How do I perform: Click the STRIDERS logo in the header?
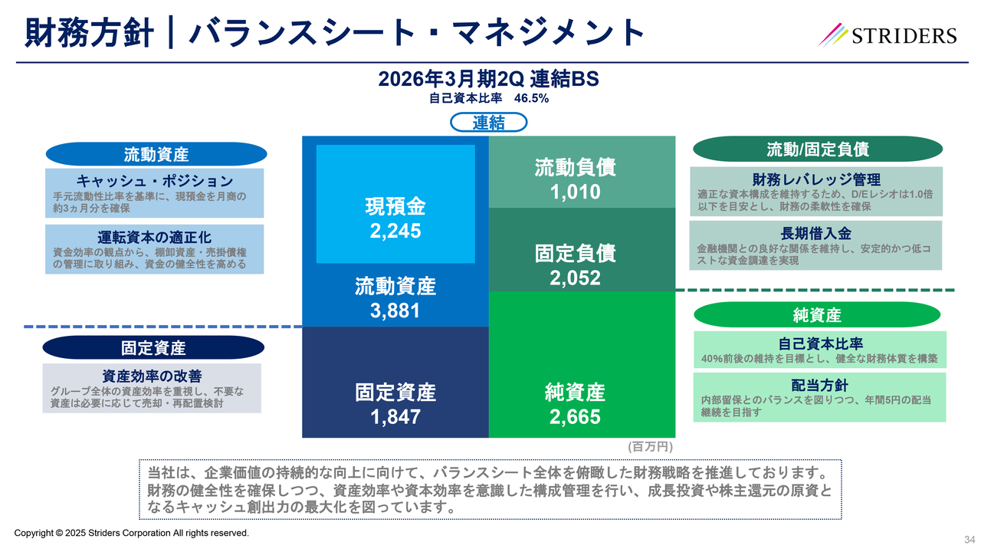(889, 35)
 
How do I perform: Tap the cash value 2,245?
(395, 231)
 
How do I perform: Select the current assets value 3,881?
(395, 311)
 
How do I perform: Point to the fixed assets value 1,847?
(395, 417)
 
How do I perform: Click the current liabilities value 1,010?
(575, 192)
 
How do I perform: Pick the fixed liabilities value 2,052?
(575, 278)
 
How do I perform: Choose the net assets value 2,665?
(575, 417)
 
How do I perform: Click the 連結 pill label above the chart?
(489, 123)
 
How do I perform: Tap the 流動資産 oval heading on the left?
(156, 154)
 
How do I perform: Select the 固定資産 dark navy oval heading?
(153, 347)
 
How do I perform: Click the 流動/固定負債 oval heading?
(818, 149)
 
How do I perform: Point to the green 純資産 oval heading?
(817, 315)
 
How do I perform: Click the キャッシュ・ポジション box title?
(155, 181)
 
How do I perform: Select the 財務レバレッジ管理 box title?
(816, 179)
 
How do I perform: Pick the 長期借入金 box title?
(816, 233)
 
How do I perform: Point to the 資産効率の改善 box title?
(152, 376)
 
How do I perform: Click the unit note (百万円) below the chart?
(650, 446)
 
